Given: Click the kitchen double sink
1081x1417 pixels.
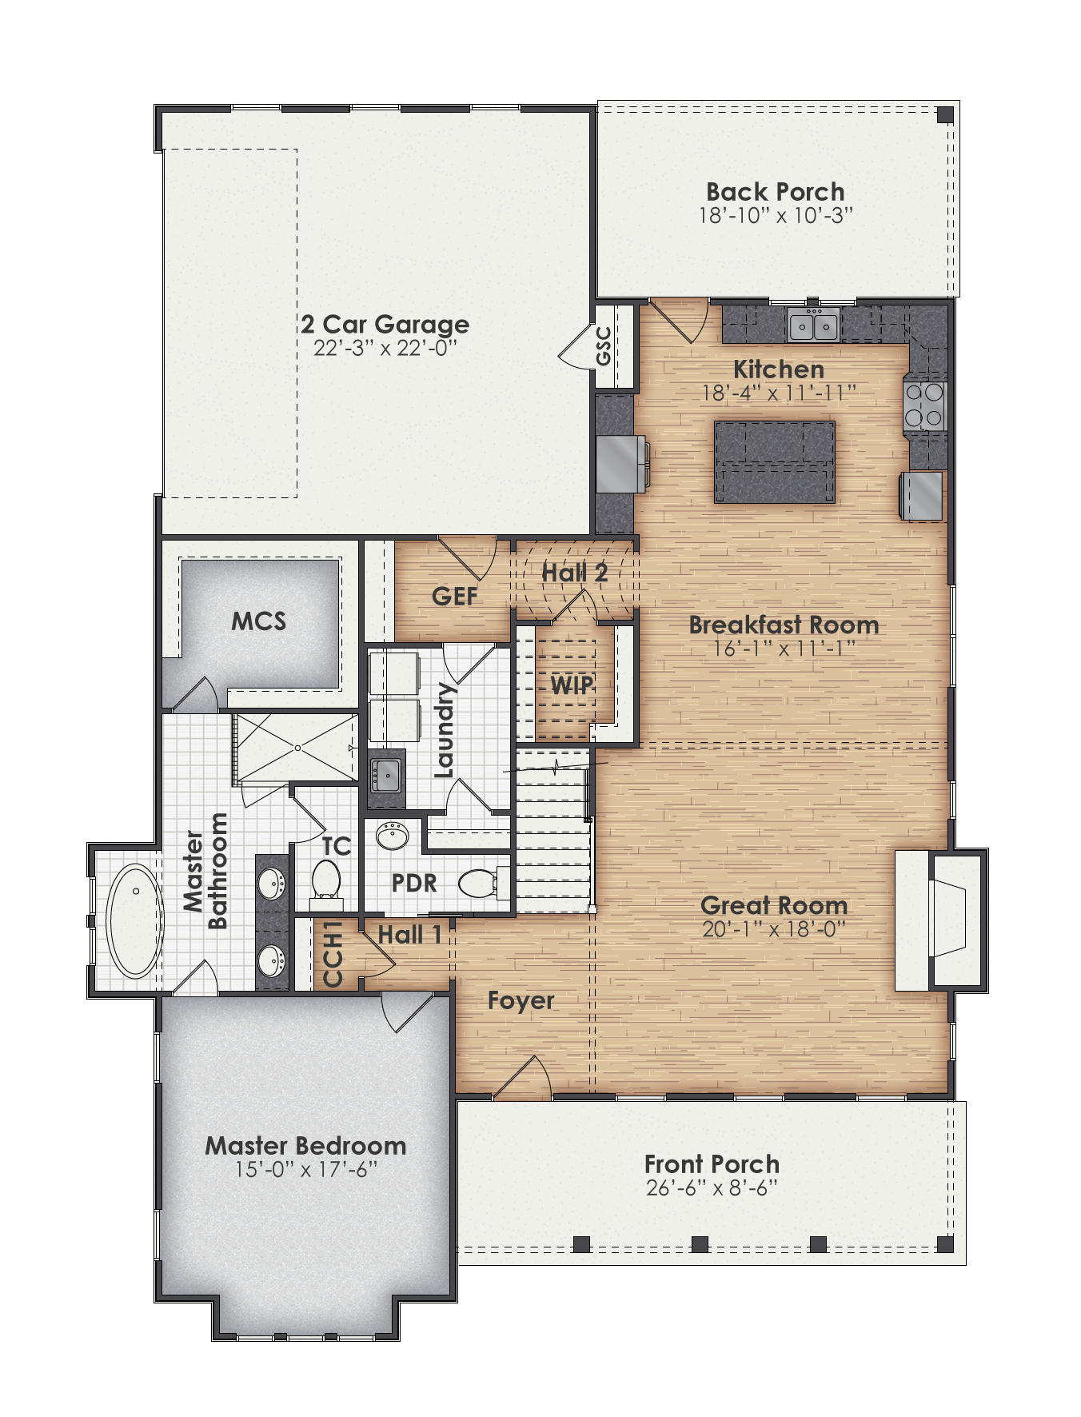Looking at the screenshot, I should pyautogui.click(x=812, y=325).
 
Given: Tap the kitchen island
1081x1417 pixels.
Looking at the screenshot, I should pyautogui.click(x=774, y=462).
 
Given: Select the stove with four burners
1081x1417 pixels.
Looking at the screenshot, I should pyautogui.click(x=924, y=406).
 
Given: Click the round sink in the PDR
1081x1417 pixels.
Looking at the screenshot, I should pyautogui.click(x=393, y=836).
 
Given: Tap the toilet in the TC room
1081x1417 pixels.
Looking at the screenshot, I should pyautogui.click(x=325, y=880).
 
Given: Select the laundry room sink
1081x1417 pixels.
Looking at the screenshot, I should pyautogui.click(x=386, y=773).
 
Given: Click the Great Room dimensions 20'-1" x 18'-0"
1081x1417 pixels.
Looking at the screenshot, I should pyautogui.click(x=773, y=929).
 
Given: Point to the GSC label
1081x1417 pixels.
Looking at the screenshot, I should pyautogui.click(x=604, y=345).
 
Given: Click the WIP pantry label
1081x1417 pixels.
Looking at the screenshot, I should pyautogui.click(x=572, y=685).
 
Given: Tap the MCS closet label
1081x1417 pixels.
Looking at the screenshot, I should pyautogui.click(x=258, y=621).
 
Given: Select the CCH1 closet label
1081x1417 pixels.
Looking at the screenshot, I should pyautogui.click(x=333, y=953).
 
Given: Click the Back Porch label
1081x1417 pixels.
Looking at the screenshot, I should pyautogui.click(x=775, y=192).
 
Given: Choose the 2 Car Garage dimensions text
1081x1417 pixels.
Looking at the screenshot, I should pyautogui.click(x=385, y=349).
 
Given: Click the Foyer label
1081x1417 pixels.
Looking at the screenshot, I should pyautogui.click(x=521, y=1000).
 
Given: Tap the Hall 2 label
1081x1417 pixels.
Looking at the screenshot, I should pyautogui.click(x=574, y=573).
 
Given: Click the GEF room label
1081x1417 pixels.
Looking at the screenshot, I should pyautogui.click(x=454, y=596).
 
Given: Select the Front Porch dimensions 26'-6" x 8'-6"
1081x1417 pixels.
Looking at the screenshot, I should pyautogui.click(x=712, y=1188).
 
